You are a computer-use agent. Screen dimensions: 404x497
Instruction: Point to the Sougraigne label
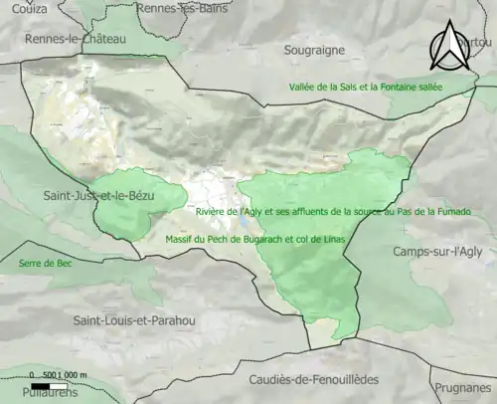[x=326, y=48]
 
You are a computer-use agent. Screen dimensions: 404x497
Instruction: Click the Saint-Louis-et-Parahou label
[x=134, y=320]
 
